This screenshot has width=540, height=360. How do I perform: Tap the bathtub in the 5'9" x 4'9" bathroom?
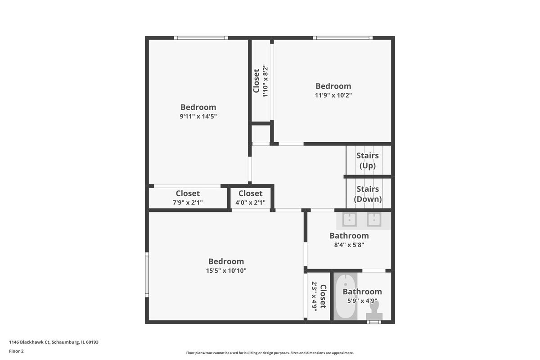point(346,297)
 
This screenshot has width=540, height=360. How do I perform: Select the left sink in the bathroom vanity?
point(350,220)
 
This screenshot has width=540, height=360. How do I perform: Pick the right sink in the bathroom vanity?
point(374,220)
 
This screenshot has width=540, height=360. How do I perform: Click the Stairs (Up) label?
point(368,161)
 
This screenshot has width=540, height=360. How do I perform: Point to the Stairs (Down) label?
point(368,194)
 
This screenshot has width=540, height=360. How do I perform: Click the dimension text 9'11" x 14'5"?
point(198,117)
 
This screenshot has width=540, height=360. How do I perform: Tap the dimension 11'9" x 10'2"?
point(333,95)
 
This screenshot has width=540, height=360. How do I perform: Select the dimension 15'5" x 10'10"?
point(226,270)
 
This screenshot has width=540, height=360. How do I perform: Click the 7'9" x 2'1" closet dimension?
point(188,202)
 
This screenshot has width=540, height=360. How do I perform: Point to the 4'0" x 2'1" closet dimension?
point(251,202)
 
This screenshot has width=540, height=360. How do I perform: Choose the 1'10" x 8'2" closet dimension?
point(265,81)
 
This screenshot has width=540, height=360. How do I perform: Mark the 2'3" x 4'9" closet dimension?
point(314,297)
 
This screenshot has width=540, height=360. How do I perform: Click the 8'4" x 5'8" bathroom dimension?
point(349,245)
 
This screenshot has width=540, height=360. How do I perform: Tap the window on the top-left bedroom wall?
point(201,38)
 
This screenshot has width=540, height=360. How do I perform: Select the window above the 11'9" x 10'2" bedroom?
point(342,38)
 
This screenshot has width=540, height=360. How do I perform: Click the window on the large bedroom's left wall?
point(147,274)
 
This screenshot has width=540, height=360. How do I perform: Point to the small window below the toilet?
point(374,322)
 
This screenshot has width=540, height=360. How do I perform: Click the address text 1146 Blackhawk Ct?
point(29,342)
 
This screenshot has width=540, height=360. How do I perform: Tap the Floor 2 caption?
point(16,351)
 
